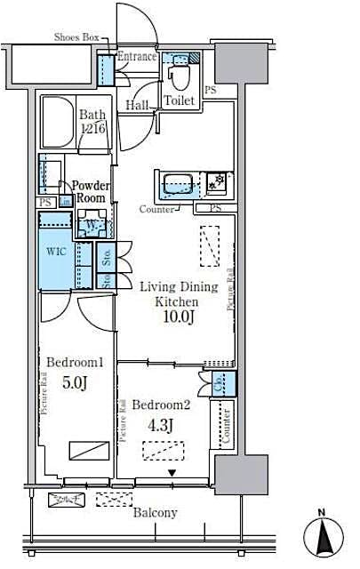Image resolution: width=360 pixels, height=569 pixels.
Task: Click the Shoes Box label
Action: (x=76, y=37)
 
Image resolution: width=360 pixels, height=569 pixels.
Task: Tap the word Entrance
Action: (x=137, y=57)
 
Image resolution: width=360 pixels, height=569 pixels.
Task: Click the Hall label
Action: (x=136, y=105)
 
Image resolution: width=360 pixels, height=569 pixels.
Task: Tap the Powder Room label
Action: (x=92, y=191)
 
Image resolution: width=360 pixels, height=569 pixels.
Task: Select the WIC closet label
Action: (x=55, y=251)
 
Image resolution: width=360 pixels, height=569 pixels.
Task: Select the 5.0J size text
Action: (x=76, y=383)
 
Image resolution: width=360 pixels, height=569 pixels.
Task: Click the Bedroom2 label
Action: (x=162, y=405)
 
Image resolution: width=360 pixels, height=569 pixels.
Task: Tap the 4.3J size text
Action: (x=161, y=424)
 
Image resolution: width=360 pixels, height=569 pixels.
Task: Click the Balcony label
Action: (x=155, y=512)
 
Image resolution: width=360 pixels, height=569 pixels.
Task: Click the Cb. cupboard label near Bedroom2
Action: (x=219, y=384)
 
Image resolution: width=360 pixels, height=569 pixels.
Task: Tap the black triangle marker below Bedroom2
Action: (x=173, y=473)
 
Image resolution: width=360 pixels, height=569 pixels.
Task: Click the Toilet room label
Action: (x=179, y=100)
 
